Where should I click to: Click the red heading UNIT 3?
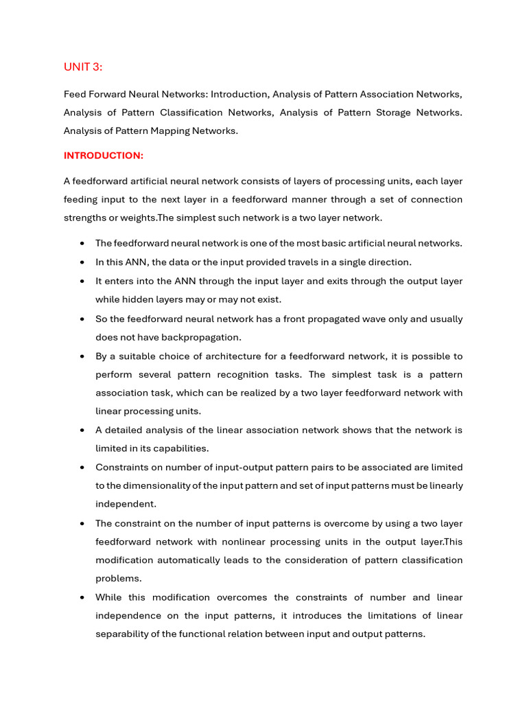click(x=82, y=67)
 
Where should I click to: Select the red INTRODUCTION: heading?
click(x=103, y=156)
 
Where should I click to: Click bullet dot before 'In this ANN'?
click(x=82, y=262)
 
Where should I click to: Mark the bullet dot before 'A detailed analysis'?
click(x=82, y=430)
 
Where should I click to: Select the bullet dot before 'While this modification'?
click(x=82, y=597)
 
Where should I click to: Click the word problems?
click(x=118, y=579)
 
